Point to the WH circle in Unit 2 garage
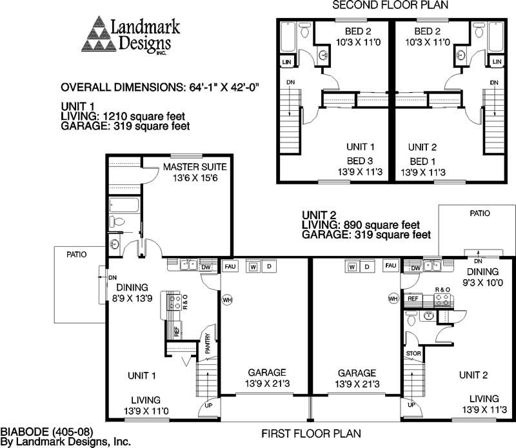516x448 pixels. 393,298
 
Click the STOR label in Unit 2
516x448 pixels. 413,354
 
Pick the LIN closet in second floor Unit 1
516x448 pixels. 286,62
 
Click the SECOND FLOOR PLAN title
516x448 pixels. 390,6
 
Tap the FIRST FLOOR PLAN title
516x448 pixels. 311,433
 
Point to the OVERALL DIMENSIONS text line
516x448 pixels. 163,88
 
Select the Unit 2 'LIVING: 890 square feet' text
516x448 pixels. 361,225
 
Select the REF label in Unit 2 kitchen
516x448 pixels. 412,298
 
